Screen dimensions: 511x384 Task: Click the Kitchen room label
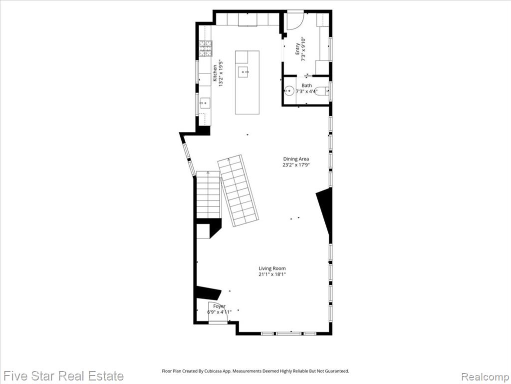(x=215, y=73)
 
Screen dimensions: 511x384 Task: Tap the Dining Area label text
(x=296, y=159)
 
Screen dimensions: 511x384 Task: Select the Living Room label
(x=272, y=268)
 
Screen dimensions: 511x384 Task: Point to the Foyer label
(x=220, y=306)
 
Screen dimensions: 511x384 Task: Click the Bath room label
(x=306, y=85)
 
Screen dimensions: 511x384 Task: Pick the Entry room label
(x=297, y=49)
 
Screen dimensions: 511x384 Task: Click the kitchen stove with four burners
(x=206, y=48)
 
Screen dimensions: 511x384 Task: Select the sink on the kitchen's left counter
(x=205, y=103)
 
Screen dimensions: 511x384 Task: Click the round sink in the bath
(x=289, y=90)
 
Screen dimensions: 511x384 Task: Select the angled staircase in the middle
(x=239, y=190)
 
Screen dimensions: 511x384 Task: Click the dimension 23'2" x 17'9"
(x=296, y=165)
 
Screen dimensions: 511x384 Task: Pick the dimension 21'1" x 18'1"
(x=272, y=274)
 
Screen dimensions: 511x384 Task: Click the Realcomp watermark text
(x=486, y=376)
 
